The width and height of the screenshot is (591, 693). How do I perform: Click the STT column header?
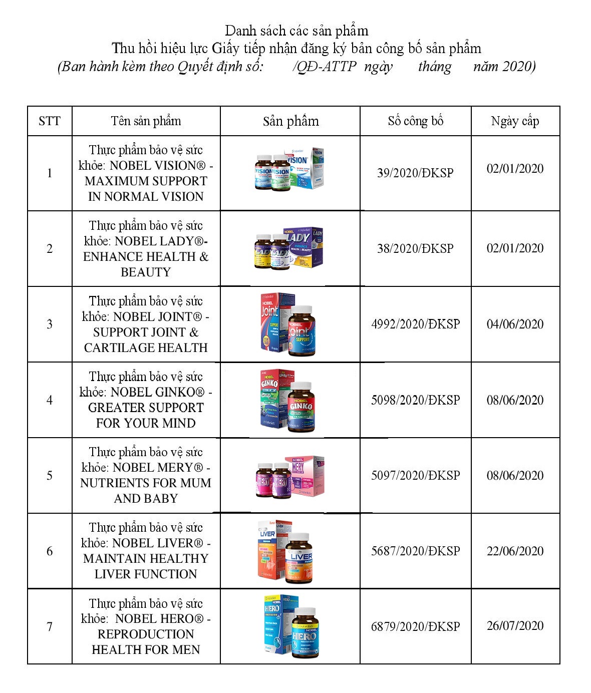(x=49, y=121)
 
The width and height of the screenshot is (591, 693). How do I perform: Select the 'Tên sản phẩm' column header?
(x=146, y=121)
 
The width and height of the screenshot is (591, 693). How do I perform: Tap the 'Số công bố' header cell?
(x=415, y=121)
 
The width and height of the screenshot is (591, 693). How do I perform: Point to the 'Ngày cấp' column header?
(x=515, y=121)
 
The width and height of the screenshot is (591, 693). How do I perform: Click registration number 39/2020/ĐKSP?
(x=415, y=173)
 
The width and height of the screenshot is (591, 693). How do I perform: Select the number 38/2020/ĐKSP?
(x=415, y=249)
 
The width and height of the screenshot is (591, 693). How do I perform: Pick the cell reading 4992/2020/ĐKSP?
(x=415, y=324)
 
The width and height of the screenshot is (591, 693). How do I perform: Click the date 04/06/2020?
(x=515, y=324)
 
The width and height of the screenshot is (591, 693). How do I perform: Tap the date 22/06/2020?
(x=515, y=551)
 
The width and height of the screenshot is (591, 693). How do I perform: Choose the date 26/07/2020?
(x=515, y=626)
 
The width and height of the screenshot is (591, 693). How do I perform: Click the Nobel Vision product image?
(x=289, y=169)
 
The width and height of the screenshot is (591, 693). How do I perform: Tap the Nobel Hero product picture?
(x=290, y=626)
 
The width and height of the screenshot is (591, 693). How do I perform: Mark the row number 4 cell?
(x=49, y=400)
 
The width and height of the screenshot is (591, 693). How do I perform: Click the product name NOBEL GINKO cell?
(x=146, y=400)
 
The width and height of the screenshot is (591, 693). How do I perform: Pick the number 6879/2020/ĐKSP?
(x=415, y=627)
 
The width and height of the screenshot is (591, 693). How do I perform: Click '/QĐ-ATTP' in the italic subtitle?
(x=325, y=67)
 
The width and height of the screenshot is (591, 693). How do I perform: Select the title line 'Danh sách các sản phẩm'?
(x=297, y=31)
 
